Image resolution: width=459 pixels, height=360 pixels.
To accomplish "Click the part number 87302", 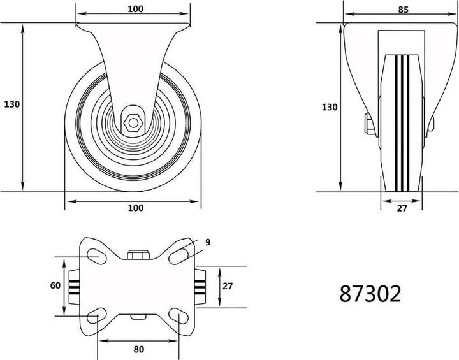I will pos(370,294).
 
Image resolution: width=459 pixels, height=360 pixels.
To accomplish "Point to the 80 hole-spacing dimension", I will pos(139,349).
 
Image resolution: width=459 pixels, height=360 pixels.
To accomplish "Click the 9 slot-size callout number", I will pos(208,241).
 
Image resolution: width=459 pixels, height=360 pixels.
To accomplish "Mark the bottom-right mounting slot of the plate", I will pos(180,318).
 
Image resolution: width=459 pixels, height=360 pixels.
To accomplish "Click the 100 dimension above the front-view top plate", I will pos(135,9).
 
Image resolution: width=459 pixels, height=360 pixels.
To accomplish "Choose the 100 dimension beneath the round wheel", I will pos(135,208).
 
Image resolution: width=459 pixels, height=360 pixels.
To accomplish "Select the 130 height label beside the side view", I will pos(329,108).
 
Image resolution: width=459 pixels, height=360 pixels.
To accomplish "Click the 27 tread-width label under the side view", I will pos(402,208).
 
